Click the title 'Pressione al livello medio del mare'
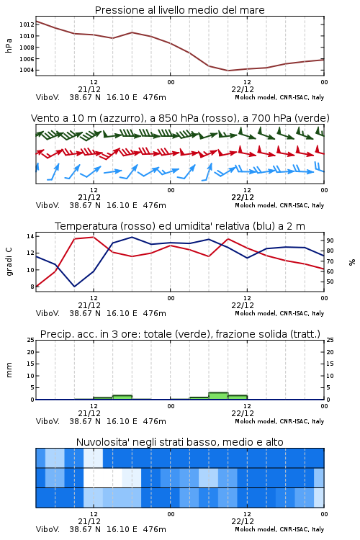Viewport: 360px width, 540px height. click(x=179, y=10)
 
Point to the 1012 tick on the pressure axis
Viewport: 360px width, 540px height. click(x=27, y=24)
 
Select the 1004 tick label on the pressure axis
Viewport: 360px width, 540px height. click(x=27, y=71)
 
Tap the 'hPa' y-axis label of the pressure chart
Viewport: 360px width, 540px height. click(x=9, y=46)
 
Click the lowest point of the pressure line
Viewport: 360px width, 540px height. click(x=228, y=71)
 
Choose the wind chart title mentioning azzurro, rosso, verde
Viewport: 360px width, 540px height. click(x=180, y=118)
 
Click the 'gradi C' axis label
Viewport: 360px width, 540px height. click(x=9, y=261)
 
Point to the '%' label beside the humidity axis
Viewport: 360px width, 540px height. click(x=352, y=262)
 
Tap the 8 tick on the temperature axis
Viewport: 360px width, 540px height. click(x=32, y=287)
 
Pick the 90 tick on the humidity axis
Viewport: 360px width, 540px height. click(x=330, y=240)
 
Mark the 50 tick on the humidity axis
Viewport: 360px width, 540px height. click(x=330, y=282)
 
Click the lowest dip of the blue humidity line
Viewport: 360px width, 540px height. click(x=74, y=287)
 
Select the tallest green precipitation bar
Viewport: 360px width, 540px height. click(x=218, y=396)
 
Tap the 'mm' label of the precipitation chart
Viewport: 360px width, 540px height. click(x=9, y=370)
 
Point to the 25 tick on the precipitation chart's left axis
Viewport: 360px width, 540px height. click(x=30, y=340)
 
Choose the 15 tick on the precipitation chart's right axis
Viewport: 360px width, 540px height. click(x=330, y=364)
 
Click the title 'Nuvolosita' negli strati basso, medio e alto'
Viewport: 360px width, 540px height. click(x=179, y=442)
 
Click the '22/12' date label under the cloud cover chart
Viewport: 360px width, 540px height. click(x=243, y=521)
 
